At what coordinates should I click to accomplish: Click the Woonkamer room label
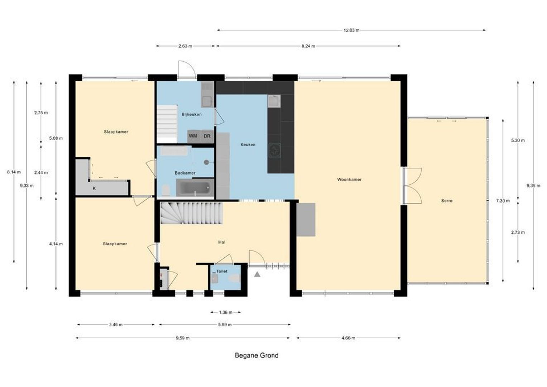[x=349, y=180]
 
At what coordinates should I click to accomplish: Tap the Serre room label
[x=447, y=201]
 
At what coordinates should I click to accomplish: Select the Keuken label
[x=248, y=145]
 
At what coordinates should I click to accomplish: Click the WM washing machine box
[x=193, y=136]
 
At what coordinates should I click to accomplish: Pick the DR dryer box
[x=207, y=136]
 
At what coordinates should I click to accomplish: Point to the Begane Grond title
[x=256, y=355]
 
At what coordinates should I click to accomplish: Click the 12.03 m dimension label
[x=351, y=30]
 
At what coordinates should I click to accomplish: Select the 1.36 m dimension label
[x=226, y=312]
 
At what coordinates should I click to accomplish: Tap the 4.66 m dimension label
[x=348, y=338]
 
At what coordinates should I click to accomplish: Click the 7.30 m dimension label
[x=503, y=201]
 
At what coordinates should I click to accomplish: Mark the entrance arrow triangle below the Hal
[x=257, y=274]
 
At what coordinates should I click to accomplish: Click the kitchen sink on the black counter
[x=274, y=101]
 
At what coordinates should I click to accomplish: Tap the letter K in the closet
[x=94, y=188]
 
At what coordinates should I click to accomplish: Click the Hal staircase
[x=191, y=212]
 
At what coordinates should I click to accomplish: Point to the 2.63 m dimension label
[x=185, y=46]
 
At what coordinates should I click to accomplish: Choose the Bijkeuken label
[x=192, y=115]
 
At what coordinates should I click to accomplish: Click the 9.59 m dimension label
[x=183, y=338]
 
